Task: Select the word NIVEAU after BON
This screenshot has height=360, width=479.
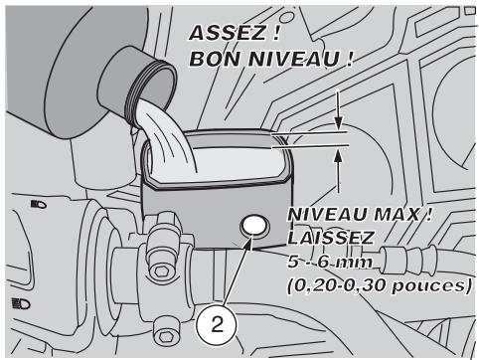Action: pyautogui.click(x=294, y=59)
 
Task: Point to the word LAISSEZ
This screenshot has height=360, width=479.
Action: pyautogui.click(x=331, y=238)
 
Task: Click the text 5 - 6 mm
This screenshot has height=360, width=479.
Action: pyautogui.click(x=330, y=263)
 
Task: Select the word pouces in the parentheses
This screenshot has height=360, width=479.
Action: pyautogui.click(x=429, y=285)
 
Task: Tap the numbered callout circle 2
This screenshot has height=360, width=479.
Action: pyautogui.click(x=217, y=325)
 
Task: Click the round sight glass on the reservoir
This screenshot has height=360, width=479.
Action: pyautogui.click(x=254, y=227)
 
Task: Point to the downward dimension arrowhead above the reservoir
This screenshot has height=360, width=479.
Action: pyautogui.click(x=338, y=123)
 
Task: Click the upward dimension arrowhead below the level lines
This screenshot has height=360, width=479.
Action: pyautogui.click(x=338, y=154)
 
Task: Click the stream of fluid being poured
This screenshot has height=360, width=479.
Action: pyautogui.click(x=166, y=139)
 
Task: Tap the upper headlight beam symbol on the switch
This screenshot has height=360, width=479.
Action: pyautogui.click(x=39, y=204)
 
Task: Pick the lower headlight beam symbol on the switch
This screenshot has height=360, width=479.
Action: pyautogui.click(x=21, y=303)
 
